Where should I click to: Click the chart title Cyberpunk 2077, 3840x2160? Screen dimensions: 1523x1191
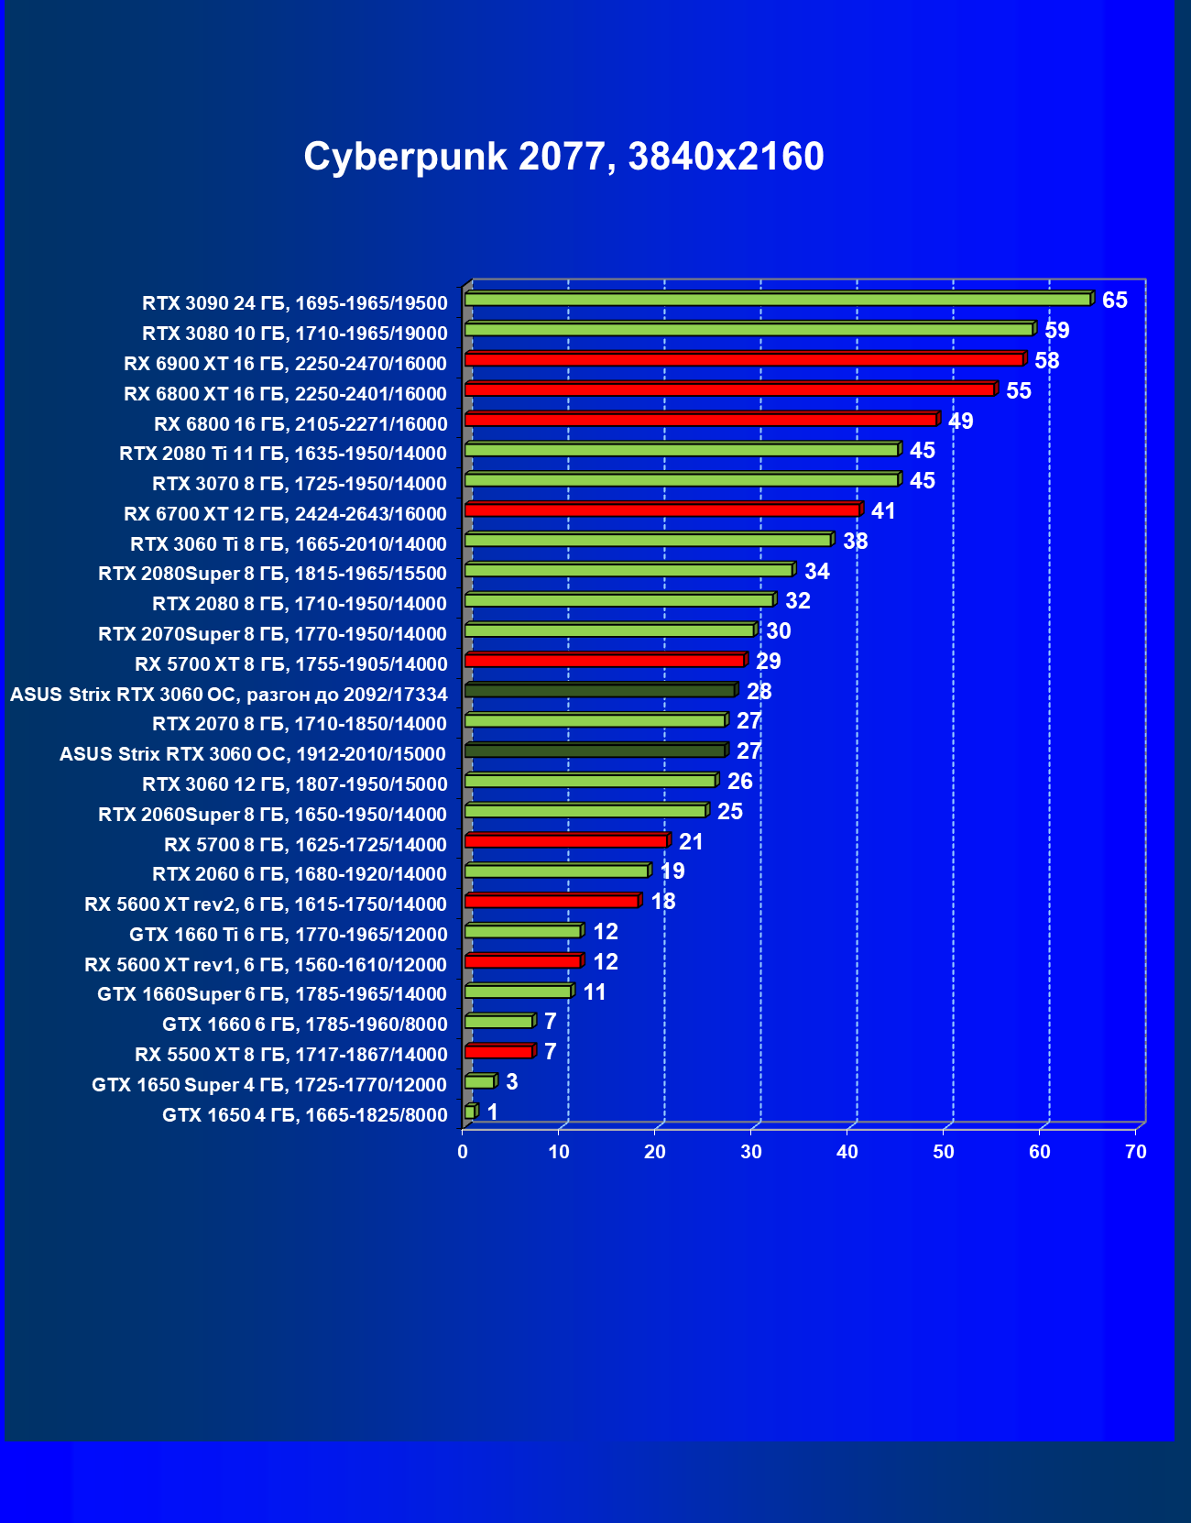tap(563, 157)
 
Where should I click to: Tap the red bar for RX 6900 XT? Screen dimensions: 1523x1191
tap(743, 359)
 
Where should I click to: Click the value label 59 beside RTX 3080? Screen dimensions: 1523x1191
tap(1056, 331)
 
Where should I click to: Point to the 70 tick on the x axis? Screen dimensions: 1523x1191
tap(1136, 1152)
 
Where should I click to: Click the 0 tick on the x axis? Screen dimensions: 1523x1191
tap(463, 1152)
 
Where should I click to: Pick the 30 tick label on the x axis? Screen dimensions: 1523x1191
tap(751, 1152)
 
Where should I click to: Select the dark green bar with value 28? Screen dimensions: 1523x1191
tap(599, 691)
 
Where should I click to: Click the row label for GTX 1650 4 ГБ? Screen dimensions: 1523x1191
tap(304, 1115)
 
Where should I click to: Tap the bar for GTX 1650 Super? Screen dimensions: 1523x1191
tap(479, 1082)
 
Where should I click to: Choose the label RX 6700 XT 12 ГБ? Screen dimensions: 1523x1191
tap(285, 514)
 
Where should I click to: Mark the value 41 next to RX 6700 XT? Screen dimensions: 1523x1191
tap(883, 511)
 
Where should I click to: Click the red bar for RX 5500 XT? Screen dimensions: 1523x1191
tap(498, 1052)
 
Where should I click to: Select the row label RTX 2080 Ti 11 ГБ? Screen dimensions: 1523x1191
tap(283, 454)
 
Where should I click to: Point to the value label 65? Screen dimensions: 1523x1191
tap(1114, 301)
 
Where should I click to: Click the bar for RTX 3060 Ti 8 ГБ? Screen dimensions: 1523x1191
tap(647, 541)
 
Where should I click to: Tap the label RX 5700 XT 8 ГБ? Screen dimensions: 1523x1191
tap(290, 664)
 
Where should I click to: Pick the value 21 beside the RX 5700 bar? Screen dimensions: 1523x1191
tap(691, 842)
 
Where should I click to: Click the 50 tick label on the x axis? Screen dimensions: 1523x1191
tap(944, 1152)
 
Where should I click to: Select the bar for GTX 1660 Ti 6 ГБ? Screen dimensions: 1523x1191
tap(522, 932)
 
